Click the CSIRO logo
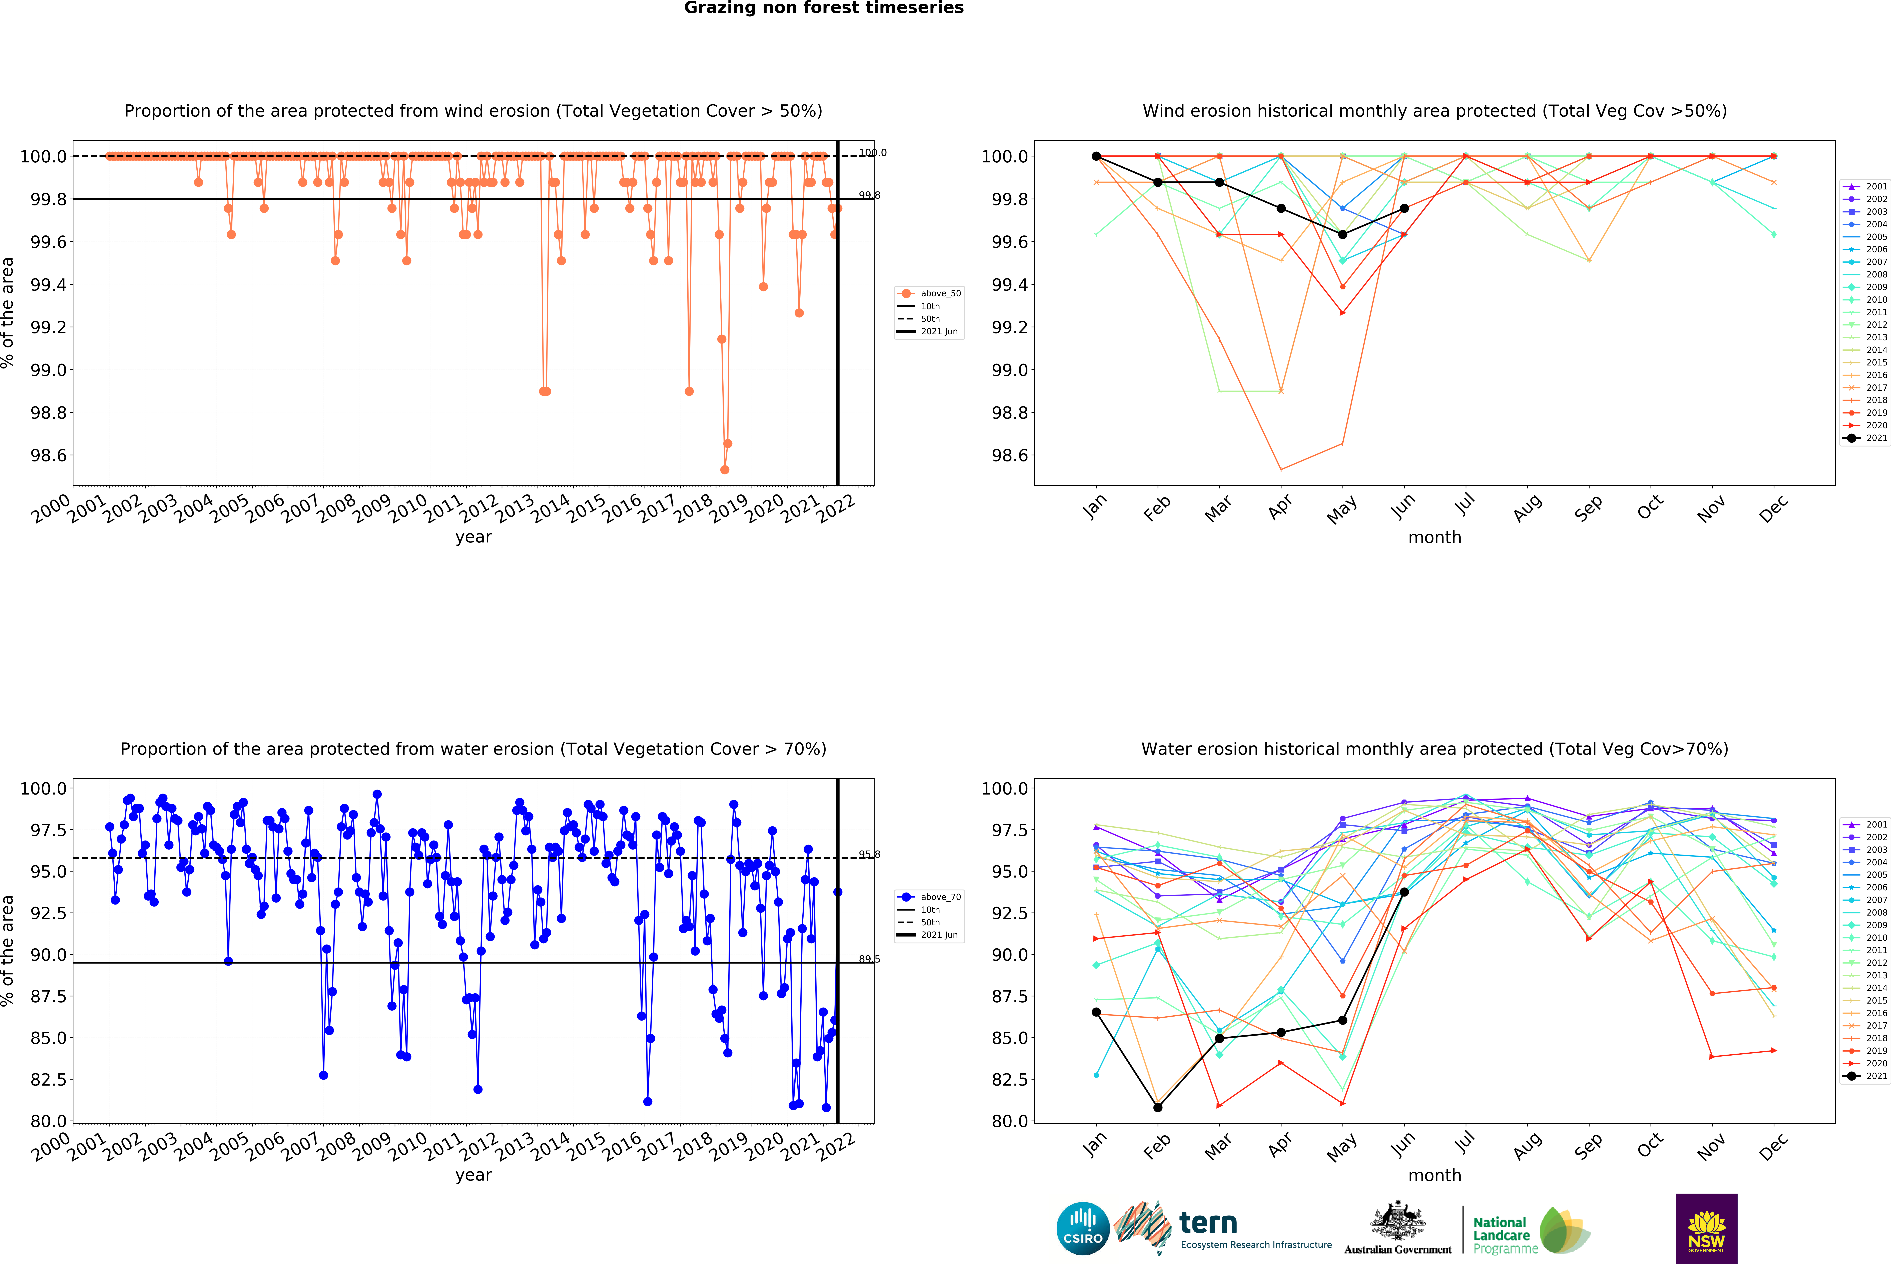point(1082,1228)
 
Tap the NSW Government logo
point(1706,1228)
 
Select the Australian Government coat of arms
point(1397,1220)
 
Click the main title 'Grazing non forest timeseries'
point(823,8)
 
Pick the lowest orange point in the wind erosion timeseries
point(724,469)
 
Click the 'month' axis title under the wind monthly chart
point(1435,538)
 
